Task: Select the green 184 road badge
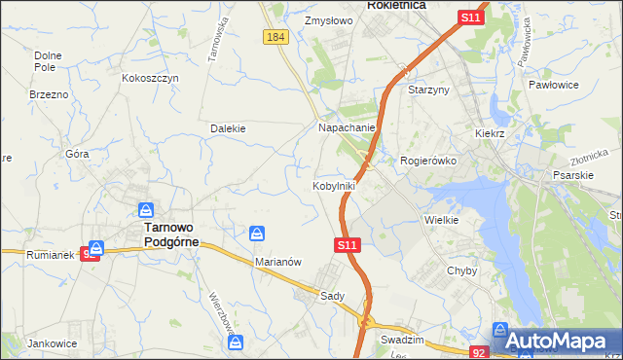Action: tap(275, 37)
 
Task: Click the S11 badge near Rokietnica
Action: tap(471, 18)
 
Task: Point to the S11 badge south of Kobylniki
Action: tap(349, 247)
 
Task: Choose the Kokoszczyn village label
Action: tap(150, 78)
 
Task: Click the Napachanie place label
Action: tap(348, 127)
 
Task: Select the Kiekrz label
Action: tap(492, 132)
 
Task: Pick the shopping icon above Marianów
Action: tap(257, 234)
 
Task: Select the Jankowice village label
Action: tap(53, 343)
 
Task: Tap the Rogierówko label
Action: tap(428, 161)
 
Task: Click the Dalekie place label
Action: tap(228, 128)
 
